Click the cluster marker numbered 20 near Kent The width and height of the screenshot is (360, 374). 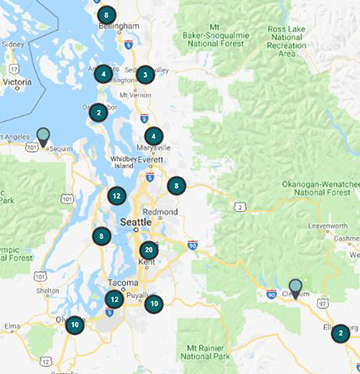pos(149,250)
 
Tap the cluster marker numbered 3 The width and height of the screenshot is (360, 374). pos(145,74)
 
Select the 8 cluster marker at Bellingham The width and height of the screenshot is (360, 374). pos(106,15)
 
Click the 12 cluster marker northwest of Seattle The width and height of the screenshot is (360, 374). pos(117,196)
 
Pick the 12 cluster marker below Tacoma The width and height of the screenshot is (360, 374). pos(115,299)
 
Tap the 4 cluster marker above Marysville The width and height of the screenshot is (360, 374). pos(153,136)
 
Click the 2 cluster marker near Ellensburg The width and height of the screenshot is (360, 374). pos(341,334)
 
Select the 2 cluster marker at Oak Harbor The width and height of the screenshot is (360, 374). pos(98,113)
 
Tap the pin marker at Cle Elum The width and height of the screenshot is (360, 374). pos(295,287)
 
